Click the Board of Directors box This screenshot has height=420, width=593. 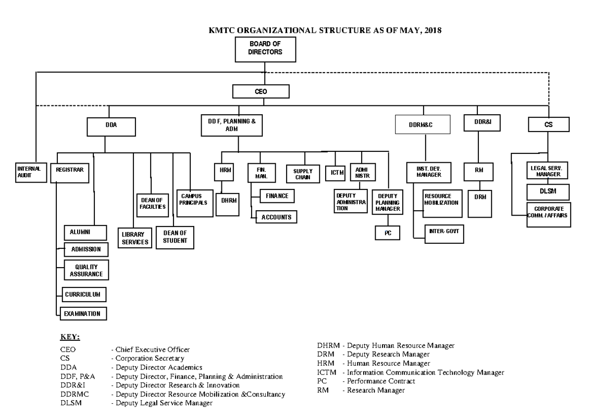pos(265,50)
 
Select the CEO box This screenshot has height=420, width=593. pos(260,92)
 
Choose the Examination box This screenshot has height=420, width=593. pos(83,313)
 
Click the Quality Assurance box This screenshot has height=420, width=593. pos(85,270)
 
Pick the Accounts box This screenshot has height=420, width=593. pos(276,217)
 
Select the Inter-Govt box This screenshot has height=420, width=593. pos(444,233)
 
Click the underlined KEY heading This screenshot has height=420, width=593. pos(70,337)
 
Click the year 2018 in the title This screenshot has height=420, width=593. pos(432,31)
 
